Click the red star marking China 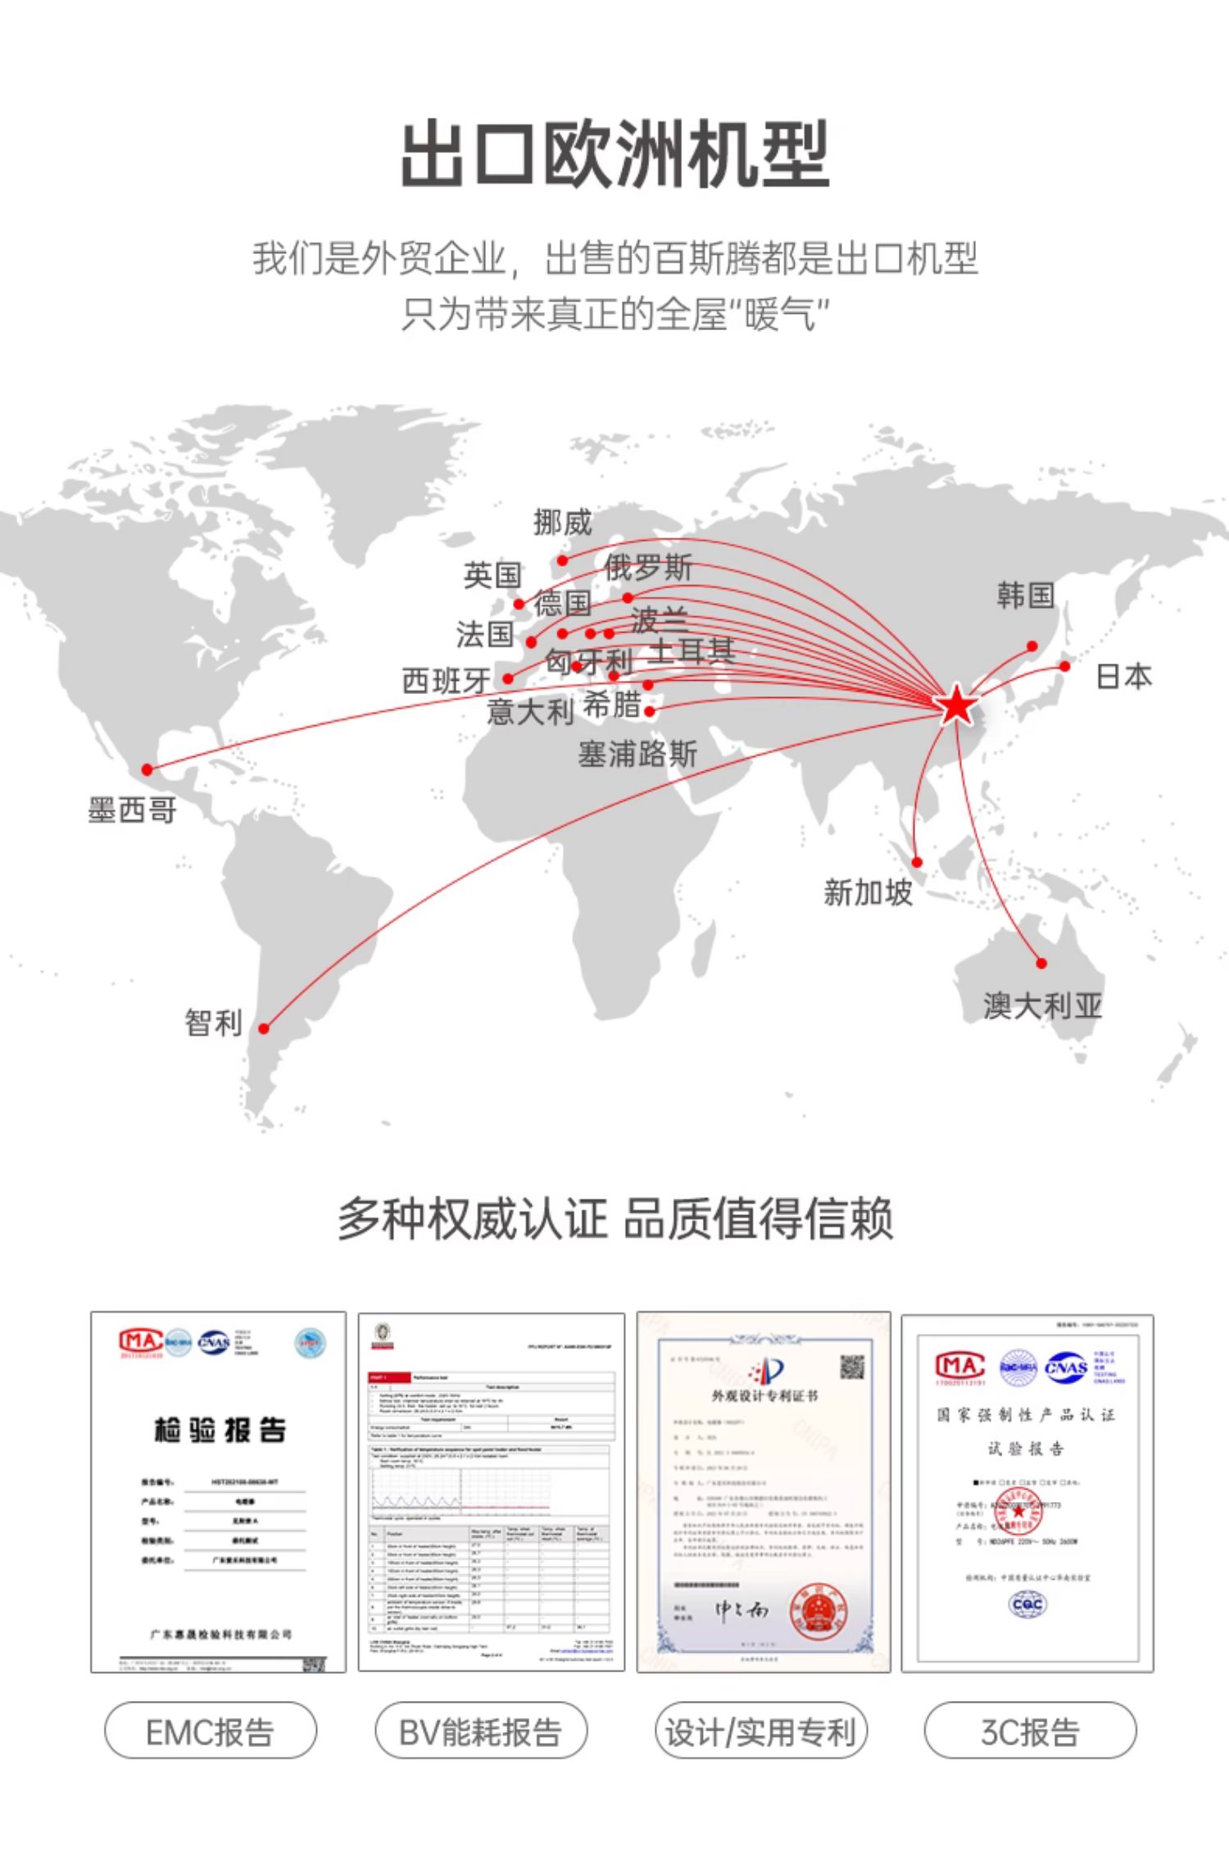956,705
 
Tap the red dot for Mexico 147,769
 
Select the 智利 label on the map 213,1023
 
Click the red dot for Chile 264,1028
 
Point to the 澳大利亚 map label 1042,1005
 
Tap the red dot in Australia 1041,964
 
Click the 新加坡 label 868,892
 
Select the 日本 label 1123,677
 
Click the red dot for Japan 1064,666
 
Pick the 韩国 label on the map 1025,596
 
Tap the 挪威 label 562,522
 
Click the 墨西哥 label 132,810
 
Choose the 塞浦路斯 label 637,754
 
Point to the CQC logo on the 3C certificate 1027,1603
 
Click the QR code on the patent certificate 851,1367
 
